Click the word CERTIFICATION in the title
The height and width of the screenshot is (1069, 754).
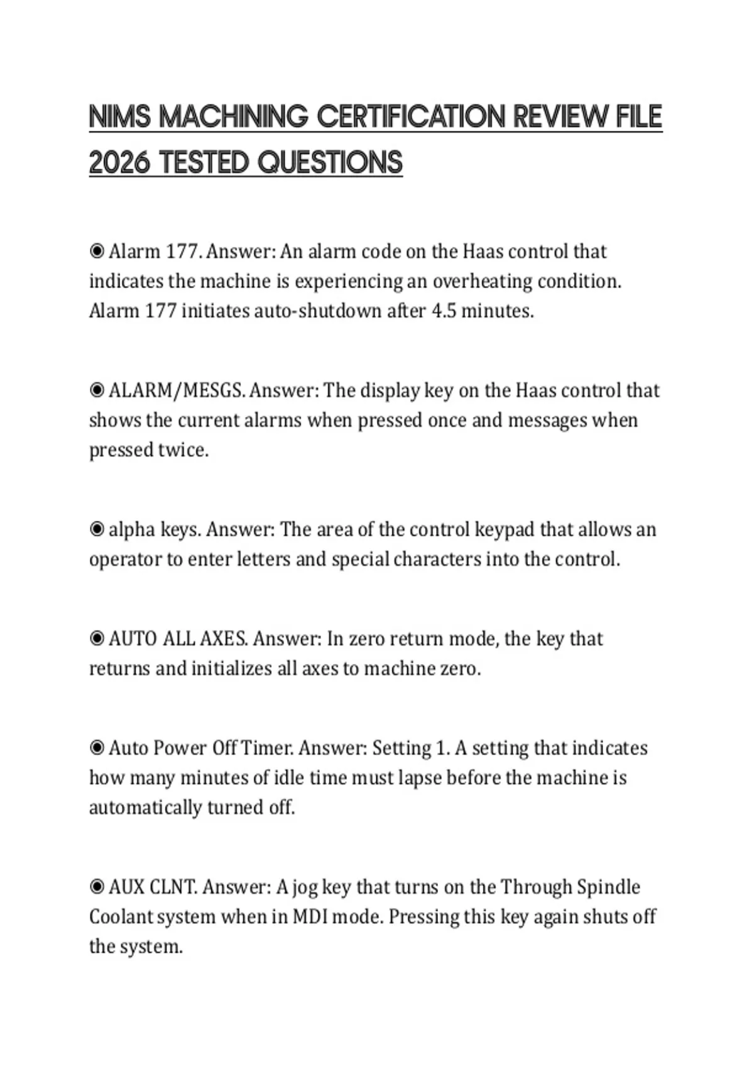click(410, 117)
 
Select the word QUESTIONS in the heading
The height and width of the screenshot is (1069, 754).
click(330, 163)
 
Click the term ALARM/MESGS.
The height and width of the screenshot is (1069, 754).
click(176, 390)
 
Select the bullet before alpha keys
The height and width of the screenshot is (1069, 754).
click(97, 529)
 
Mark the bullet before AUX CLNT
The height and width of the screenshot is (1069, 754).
click(97, 887)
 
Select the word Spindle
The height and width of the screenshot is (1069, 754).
click(608, 887)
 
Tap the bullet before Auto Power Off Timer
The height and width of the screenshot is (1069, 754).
click(97, 748)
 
